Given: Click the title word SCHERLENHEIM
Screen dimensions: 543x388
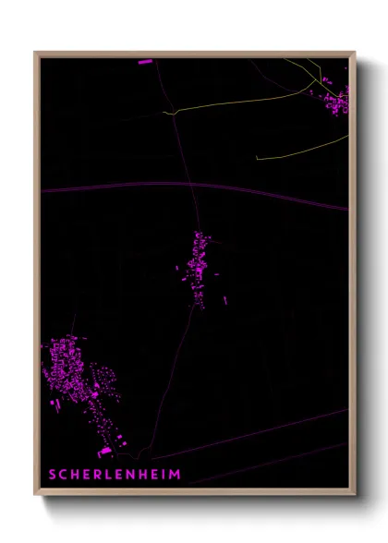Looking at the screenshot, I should pos(115,475).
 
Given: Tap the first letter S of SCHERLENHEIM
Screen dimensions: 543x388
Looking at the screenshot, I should pos(53,475).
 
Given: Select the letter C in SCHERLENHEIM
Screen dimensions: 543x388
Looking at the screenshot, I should pos(64,475).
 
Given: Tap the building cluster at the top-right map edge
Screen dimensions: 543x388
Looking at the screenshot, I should pos(336,98).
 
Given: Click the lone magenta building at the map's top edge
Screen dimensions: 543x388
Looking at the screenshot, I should pos(145,62).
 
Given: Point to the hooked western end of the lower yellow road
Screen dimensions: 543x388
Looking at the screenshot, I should pos(257,157).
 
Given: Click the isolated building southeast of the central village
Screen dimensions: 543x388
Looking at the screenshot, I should pos(225,299).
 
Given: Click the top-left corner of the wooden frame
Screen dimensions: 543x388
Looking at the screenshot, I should pos(36,53).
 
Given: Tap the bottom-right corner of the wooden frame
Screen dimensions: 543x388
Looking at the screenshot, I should pos(354,496).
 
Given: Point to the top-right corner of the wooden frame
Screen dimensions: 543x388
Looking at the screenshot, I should pos(354,53).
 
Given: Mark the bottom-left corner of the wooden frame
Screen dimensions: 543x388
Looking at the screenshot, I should pos(36,496).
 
